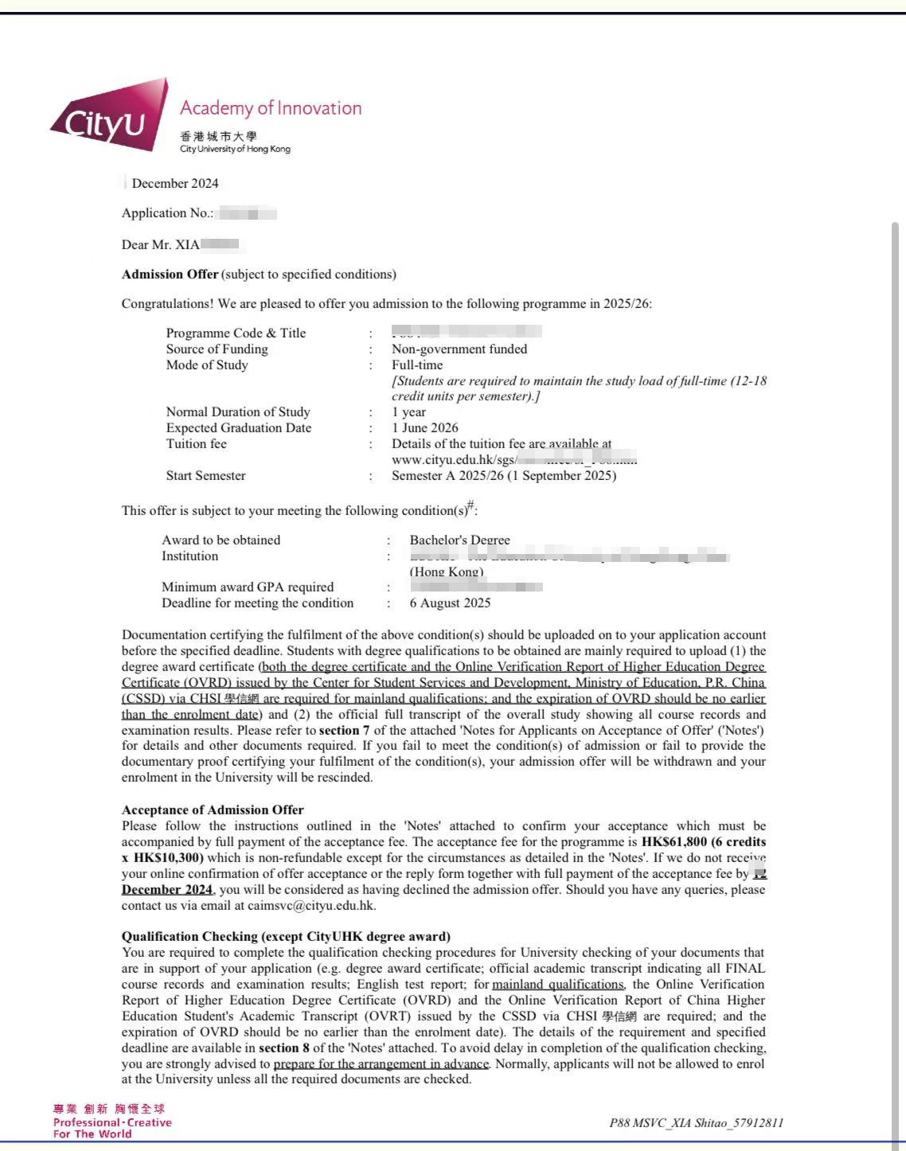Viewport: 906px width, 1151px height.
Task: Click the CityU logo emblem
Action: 110,118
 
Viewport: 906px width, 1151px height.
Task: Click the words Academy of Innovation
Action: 271,108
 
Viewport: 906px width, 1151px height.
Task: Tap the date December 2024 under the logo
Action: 175,183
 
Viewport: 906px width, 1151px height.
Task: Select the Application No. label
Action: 167,213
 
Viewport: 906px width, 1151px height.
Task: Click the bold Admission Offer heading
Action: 170,275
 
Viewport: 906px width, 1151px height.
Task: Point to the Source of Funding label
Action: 217,349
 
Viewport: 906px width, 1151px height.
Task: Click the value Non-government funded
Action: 459,349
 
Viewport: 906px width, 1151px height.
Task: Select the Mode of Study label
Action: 207,365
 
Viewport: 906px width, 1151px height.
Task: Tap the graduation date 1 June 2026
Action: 425,427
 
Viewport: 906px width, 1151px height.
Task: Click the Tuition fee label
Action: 196,443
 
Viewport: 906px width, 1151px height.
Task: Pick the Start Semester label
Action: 205,475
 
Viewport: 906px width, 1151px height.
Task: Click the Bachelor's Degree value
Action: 459,540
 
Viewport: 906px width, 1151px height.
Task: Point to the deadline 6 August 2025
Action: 450,603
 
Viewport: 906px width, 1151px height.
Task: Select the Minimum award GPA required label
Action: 248,587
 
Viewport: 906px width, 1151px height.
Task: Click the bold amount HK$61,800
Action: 674,841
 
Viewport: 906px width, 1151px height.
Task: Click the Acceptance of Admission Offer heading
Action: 213,810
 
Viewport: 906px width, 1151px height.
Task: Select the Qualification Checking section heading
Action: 286,936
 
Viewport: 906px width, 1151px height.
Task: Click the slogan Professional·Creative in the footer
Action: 112,1122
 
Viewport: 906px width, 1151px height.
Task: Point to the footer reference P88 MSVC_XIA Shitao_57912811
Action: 696,1122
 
